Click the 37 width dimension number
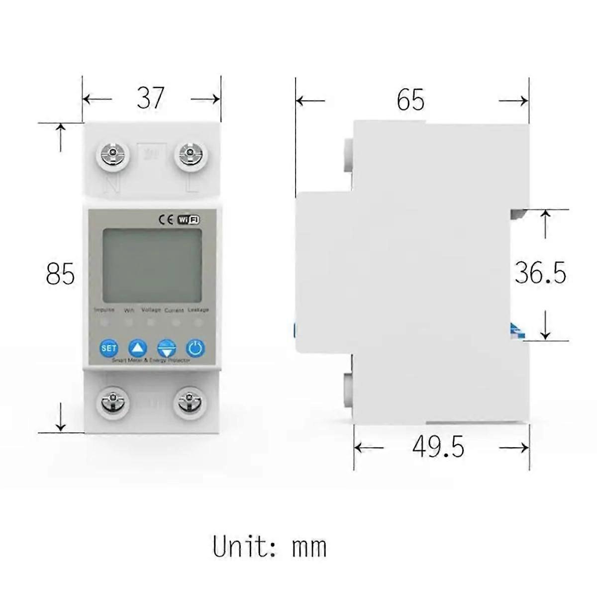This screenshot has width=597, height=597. coord(150,98)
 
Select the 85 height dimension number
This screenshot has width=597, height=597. coord(60,274)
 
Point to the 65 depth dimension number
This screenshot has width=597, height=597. coord(410,100)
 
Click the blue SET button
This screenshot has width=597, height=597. coord(108,348)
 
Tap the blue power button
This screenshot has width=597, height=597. coord(195,348)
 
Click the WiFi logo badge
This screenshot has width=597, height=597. coord(189,219)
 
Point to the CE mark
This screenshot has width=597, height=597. coord(165,219)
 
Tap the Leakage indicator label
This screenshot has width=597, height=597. coord(199,309)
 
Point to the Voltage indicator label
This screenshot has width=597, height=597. coord(151,309)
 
